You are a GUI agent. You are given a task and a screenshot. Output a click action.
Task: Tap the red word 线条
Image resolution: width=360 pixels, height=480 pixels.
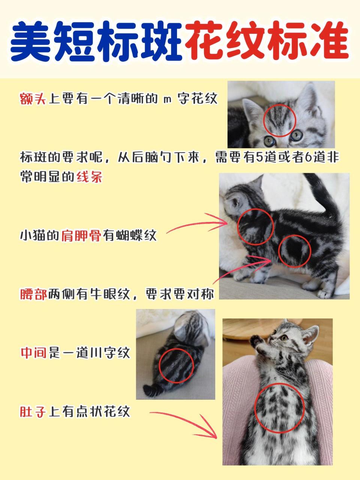[x=89, y=176]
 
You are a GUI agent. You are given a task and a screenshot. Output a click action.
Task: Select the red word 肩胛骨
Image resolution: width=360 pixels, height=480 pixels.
[x=81, y=235]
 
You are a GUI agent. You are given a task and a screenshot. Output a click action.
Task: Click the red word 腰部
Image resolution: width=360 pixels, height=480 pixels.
[x=34, y=294]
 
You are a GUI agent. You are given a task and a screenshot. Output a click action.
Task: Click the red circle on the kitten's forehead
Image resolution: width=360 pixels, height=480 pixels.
[x=279, y=120]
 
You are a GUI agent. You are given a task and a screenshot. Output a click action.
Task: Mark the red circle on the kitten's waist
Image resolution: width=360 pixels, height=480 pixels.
[x=295, y=251]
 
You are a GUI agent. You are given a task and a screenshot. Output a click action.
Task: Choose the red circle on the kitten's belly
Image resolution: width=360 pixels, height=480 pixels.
[x=279, y=408]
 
